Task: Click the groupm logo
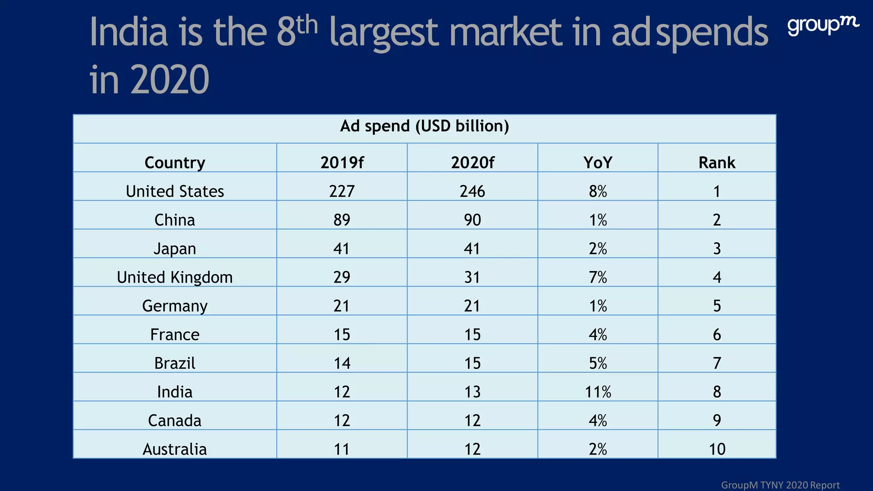(x=823, y=26)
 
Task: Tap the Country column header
(x=175, y=162)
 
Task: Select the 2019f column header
(x=342, y=162)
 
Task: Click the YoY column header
(x=598, y=162)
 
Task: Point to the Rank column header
(x=717, y=162)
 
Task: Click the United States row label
(x=175, y=191)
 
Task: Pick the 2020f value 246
(x=472, y=191)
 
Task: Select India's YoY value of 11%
(x=598, y=392)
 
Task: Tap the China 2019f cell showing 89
(x=342, y=220)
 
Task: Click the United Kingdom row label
(x=175, y=277)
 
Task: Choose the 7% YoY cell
(x=598, y=277)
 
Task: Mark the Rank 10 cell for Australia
(x=717, y=449)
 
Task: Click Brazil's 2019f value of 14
(x=342, y=363)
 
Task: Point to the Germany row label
(x=175, y=306)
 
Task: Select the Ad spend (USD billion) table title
(x=424, y=126)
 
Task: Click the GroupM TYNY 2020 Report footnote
(x=780, y=485)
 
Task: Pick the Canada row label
(x=175, y=420)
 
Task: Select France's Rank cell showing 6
(x=717, y=335)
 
